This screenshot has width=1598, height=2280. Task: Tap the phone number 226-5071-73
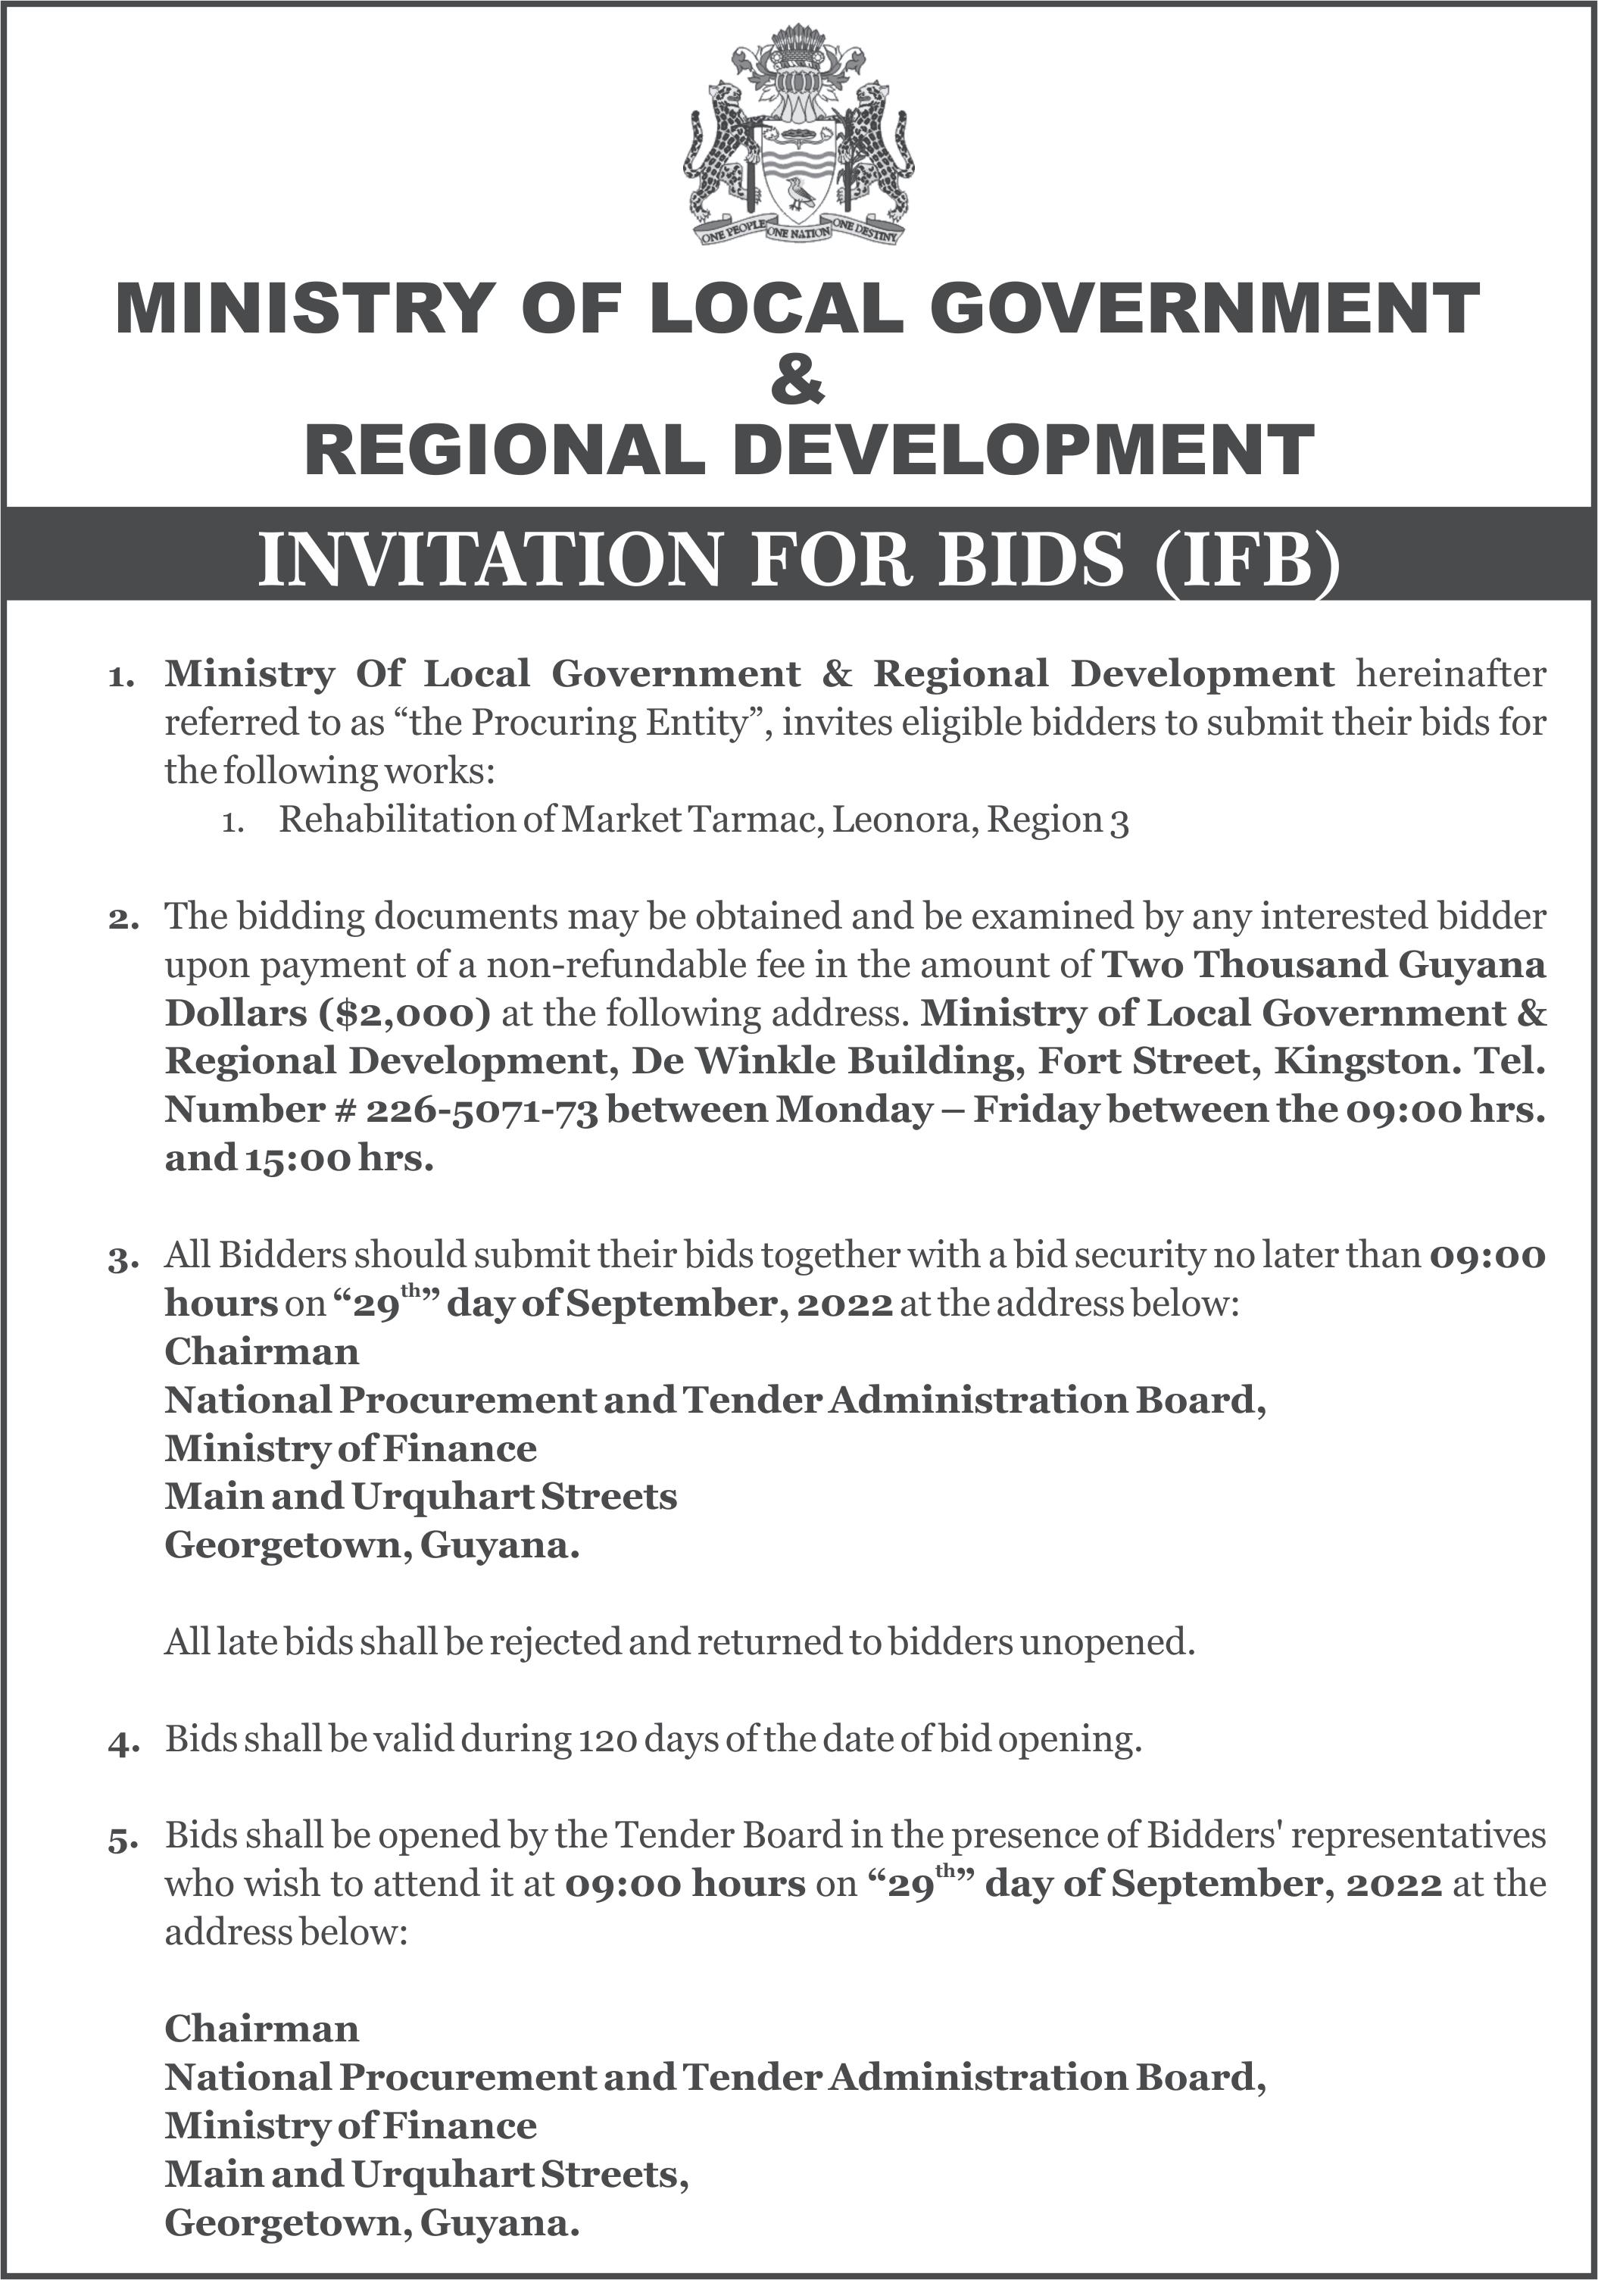pos(482,1109)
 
